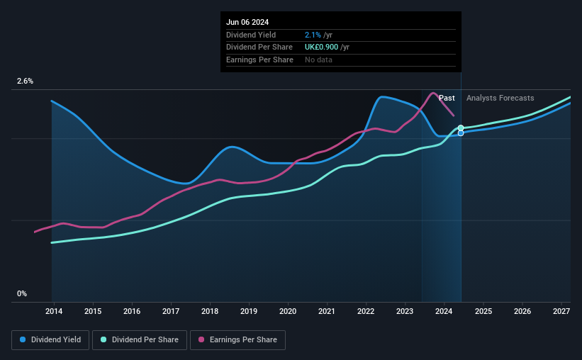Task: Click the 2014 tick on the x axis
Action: [54, 311]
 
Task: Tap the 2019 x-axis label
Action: [249, 311]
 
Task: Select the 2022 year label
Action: [366, 311]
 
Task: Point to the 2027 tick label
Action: [561, 311]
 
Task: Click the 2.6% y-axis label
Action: [25, 81]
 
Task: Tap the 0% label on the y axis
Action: [22, 293]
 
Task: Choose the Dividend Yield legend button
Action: [50, 340]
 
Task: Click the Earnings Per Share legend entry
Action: [237, 340]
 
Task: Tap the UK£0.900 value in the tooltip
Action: [316, 47]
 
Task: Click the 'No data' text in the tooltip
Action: [318, 60]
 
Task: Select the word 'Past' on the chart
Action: [447, 98]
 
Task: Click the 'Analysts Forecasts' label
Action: [500, 98]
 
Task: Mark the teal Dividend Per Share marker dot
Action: [461, 128]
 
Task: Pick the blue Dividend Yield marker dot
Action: [461, 133]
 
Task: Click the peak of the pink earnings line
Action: [434, 93]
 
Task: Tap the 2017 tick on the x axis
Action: [171, 311]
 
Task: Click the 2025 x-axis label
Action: [483, 311]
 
